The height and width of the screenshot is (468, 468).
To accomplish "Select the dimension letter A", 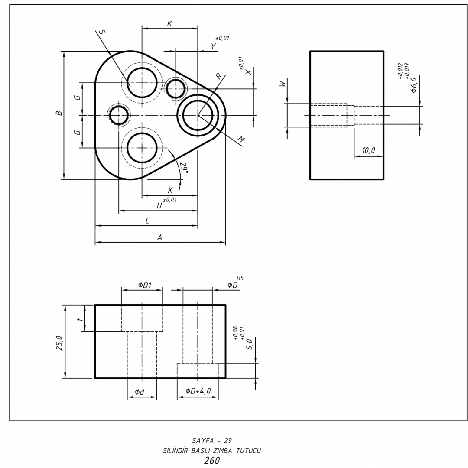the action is [x=159, y=237].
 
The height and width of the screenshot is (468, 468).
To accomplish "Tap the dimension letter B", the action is [x=60, y=113].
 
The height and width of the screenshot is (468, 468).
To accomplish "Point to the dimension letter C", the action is [x=148, y=221].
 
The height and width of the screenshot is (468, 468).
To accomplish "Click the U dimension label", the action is [x=159, y=206].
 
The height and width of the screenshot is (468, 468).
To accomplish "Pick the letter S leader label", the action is [x=102, y=32].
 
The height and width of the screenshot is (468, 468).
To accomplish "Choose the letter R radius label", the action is [x=219, y=76].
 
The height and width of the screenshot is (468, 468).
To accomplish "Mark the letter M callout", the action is [x=241, y=140].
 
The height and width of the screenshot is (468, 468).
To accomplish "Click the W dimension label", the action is [x=283, y=83].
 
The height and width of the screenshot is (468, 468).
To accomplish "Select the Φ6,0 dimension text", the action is [x=414, y=85].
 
